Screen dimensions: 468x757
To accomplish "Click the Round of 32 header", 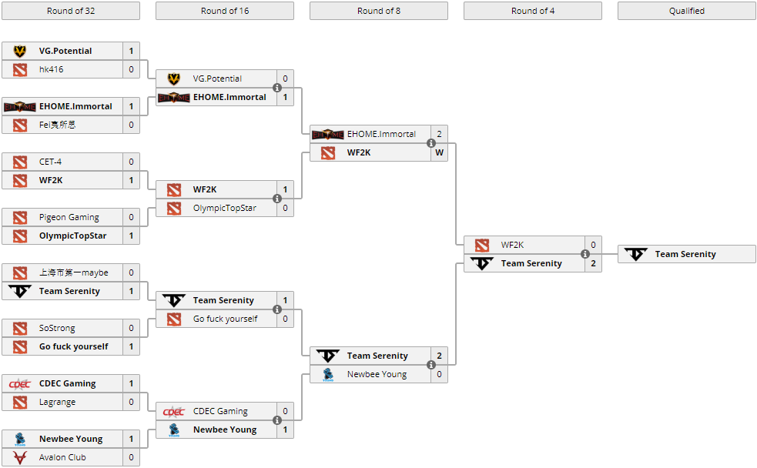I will click(x=70, y=11).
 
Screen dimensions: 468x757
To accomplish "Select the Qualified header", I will click(x=686, y=11).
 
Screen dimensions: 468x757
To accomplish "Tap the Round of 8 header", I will click(x=378, y=11).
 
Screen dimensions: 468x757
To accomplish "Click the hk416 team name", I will click(x=52, y=69).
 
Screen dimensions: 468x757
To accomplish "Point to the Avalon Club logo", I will click(x=20, y=457).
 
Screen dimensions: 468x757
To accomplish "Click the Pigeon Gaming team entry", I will click(x=69, y=217).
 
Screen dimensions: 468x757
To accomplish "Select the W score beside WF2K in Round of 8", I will click(x=439, y=152).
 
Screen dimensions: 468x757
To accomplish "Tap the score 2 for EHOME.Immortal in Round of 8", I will click(x=439, y=134).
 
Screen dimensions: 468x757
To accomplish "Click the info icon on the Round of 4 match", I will click(x=585, y=254).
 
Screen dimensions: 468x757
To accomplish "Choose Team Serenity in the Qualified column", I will click(x=685, y=254).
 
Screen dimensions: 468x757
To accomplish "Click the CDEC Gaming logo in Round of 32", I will click(x=20, y=383).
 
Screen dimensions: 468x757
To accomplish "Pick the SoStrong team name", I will click(x=57, y=328).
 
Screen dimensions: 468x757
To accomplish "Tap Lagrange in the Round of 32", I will click(x=57, y=402).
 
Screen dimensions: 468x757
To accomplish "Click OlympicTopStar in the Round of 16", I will click(x=225, y=208).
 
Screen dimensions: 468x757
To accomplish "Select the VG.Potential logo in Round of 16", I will click(x=174, y=79).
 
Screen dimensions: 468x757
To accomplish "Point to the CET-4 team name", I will click(x=50, y=162).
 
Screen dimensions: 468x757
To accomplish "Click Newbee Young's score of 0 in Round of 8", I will click(x=439, y=374).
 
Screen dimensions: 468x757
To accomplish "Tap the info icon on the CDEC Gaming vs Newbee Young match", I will click(x=277, y=420).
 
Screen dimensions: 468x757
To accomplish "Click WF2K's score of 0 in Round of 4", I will click(x=593, y=245).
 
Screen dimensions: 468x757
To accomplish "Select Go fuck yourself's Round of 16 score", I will click(x=285, y=319).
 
